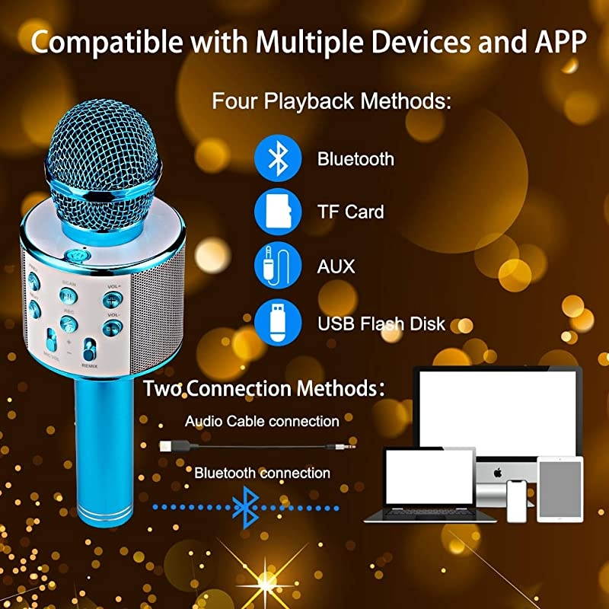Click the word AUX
coord(336,267)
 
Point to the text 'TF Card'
coord(350,212)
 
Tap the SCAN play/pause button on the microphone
coord(68,295)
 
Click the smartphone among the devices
coord(518,500)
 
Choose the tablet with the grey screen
coord(560,488)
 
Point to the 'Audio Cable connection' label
coord(262,421)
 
